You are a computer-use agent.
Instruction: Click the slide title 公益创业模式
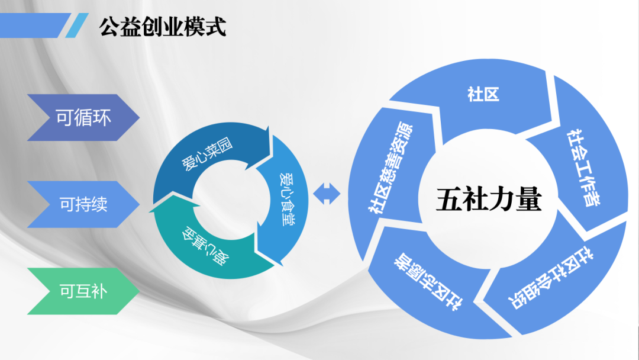[x=163, y=27]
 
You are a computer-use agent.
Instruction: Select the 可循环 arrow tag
[x=83, y=117]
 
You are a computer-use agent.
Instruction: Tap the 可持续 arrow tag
[x=83, y=205]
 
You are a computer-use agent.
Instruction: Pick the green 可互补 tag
[x=83, y=291]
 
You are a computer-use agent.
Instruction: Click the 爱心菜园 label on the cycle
[x=206, y=155]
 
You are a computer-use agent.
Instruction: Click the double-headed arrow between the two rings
[x=327, y=194]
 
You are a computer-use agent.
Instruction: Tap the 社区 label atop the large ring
[x=483, y=94]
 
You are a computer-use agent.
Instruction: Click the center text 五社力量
[x=489, y=200]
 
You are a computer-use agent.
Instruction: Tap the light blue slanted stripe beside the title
[x=78, y=25]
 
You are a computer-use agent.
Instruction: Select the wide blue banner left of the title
[x=33, y=25]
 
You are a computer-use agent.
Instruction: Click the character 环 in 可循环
[x=102, y=117]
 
